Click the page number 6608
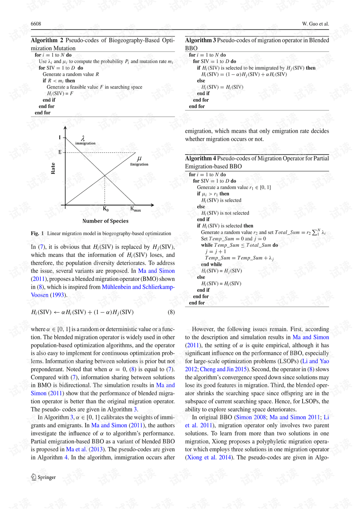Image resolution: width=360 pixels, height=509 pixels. click(x=36, y=24)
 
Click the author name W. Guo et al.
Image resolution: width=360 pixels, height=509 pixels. click(x=315, y=24)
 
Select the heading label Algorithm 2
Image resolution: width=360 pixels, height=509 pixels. click(x=47, y=40)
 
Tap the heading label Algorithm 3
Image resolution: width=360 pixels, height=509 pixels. click(x=200, y=40)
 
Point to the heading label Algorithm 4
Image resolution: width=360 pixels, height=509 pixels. click(x=200, y=158)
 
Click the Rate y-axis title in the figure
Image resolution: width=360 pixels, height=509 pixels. click(x=53, y=168)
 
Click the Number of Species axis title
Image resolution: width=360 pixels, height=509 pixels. click(x=105, y=221)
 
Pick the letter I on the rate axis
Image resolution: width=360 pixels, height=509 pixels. click(x=60, y=138)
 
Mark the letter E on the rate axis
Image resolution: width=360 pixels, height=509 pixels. click(x=60, y=152)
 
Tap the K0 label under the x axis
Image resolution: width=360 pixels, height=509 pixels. click(x=105, y=209)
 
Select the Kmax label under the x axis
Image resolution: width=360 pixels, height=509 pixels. click(x=135, y=209)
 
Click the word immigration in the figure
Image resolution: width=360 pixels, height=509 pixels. click(x=85, y=143)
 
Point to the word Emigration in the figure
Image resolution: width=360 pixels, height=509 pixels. click(x=139, y=164)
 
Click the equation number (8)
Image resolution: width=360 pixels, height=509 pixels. click(x=171, y=312)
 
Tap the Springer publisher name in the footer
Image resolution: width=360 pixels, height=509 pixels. click(x=46, y=477)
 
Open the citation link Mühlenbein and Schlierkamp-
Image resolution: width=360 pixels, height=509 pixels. click(x=138, y=287)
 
